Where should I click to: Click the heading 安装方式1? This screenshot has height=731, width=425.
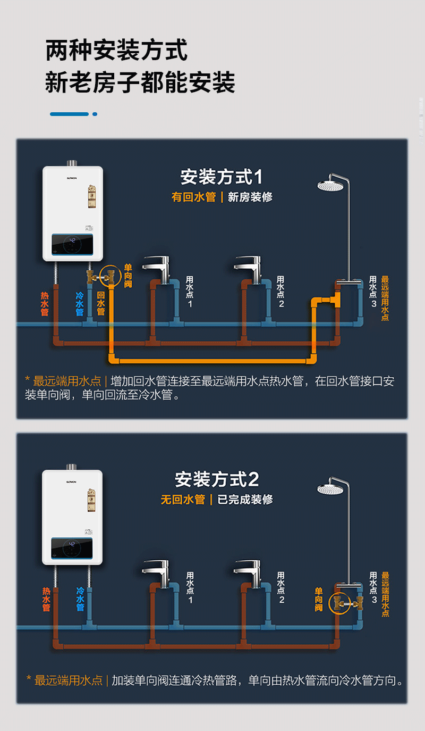tap(221, 177)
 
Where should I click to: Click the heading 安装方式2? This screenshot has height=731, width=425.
tap(217, 479)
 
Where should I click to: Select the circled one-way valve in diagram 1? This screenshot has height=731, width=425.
tap(110, 275)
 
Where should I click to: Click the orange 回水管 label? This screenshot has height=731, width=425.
tap(101, 304)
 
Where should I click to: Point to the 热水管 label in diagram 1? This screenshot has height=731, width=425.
tap(45, 304)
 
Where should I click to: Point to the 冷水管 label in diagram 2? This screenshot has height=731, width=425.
tap(80, 599)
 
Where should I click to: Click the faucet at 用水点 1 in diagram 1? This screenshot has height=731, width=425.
tap(156, 264)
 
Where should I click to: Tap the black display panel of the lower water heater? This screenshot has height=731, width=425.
tap(72, 549)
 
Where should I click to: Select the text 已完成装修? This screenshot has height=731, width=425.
tap(245, 500)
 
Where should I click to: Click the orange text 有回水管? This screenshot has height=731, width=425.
tap(193, 197)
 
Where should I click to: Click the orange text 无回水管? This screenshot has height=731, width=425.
tap(183, 500)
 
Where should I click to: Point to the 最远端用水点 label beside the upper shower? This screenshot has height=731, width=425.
tap(385, 298)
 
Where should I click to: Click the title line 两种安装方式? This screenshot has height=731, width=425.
tap(116, 51)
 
